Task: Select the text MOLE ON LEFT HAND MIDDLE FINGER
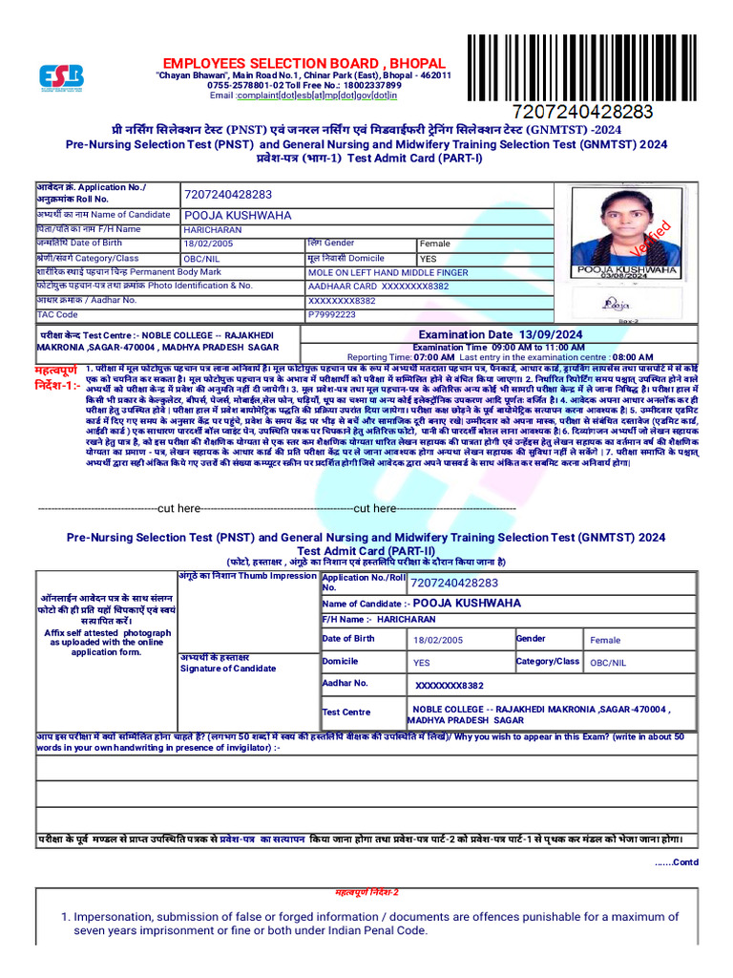click(387, 272)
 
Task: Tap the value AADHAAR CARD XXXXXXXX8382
click(379, 286)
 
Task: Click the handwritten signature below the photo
click(617, 304)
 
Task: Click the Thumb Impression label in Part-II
click(247, 576)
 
